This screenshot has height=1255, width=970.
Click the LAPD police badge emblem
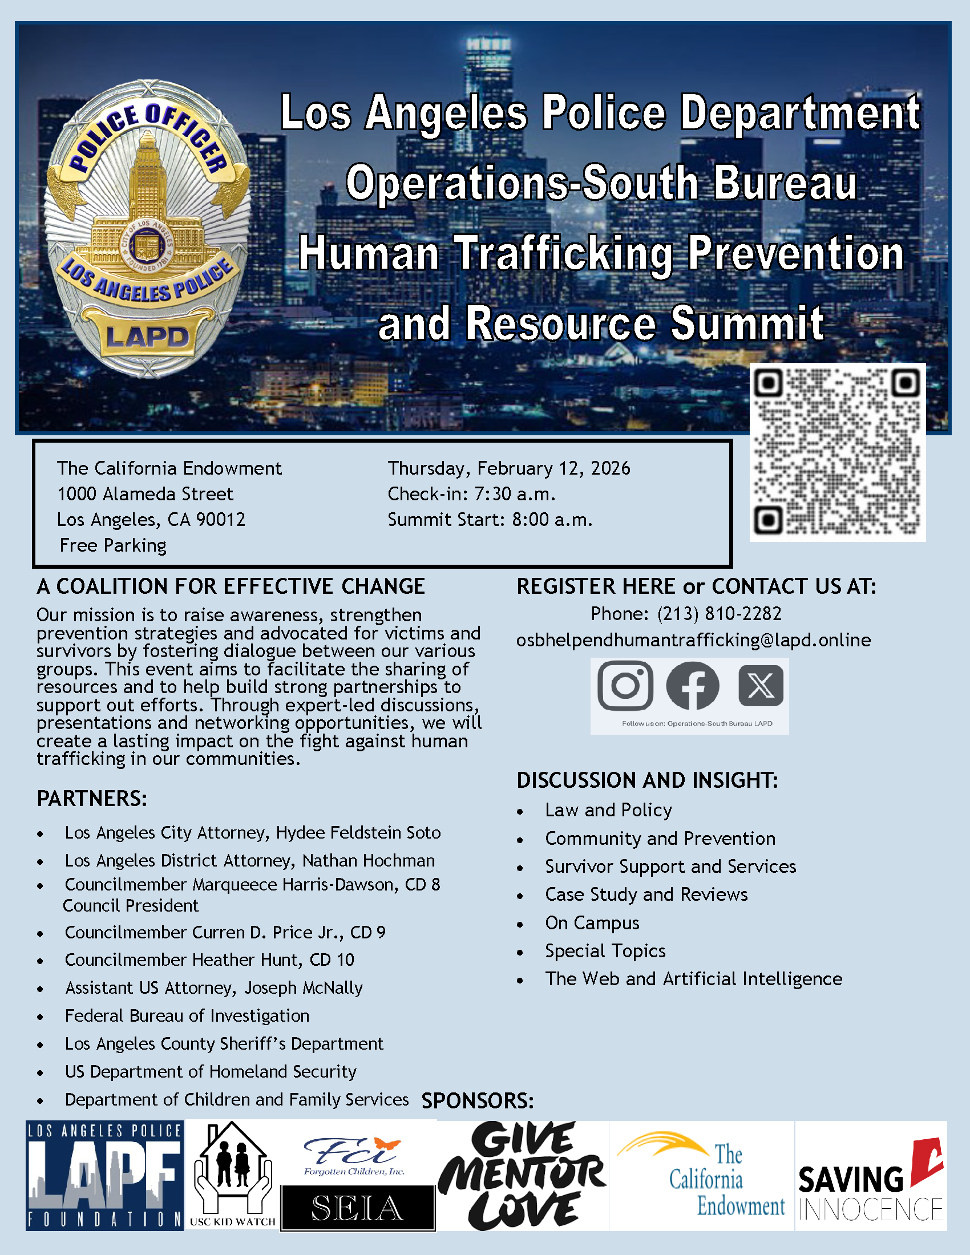pos(147,230)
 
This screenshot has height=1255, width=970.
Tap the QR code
pos(837,452)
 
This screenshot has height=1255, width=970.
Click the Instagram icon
pos(625,686)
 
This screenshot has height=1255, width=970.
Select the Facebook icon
pos(693,686)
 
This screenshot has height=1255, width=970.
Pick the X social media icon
pos(760,686)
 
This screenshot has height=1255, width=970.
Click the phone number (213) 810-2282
pos(720,614)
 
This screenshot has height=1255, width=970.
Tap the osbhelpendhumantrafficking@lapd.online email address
pos(693,640)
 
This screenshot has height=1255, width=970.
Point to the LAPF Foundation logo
pos(104,1176)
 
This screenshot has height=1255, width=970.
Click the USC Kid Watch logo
pos(232,1176)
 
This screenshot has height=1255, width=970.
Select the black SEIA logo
pos(357,1208)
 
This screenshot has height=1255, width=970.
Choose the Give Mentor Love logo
pos(522,1176)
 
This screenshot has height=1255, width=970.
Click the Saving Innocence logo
pos(871,1184)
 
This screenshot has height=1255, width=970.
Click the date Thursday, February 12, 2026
pos(508,468)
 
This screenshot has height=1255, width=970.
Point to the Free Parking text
pos(113,545)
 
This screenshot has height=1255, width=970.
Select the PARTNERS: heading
pos(92,799)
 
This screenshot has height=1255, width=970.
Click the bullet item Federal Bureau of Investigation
pos(187,1015)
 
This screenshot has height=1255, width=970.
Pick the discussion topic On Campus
pos(592,923)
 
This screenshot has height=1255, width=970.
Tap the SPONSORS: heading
pos(478,1101)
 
